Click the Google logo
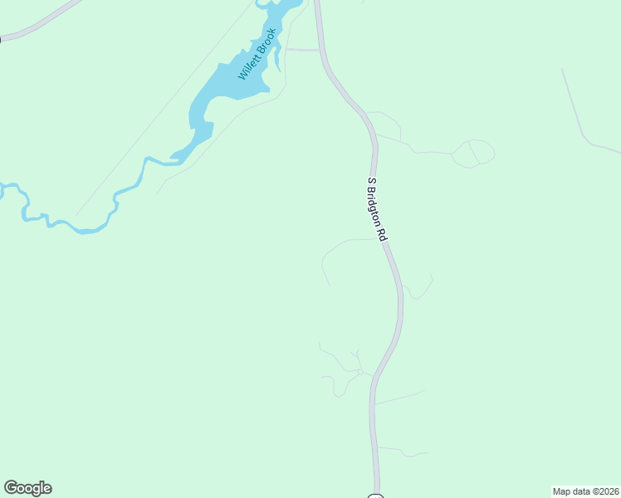pos(27,488)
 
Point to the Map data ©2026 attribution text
pos(585,491)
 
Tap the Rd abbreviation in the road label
pos(384,234)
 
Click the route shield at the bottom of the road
pos(375,496)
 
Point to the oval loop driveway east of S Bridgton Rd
pos(473,153)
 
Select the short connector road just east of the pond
pos(302,50)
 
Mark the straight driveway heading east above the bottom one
pos(400,397)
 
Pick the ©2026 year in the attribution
pos(604,491)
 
